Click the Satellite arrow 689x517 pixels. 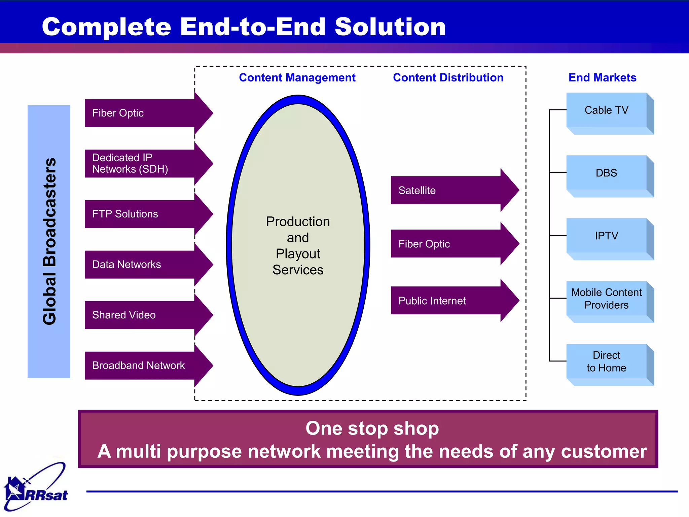click(451, 190)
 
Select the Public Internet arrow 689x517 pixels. click(451, 301)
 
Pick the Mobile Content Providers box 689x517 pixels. click(607, 299)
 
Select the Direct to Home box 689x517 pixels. click(607, 361)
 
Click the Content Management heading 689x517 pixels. click(297, 78)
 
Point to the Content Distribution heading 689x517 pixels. click(448, 78)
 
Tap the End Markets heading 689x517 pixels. click(602, 78)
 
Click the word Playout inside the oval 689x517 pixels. click(298, 254)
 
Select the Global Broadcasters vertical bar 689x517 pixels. click(49, 241)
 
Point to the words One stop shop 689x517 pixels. click(372, 428)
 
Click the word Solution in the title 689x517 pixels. click(390, 27)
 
